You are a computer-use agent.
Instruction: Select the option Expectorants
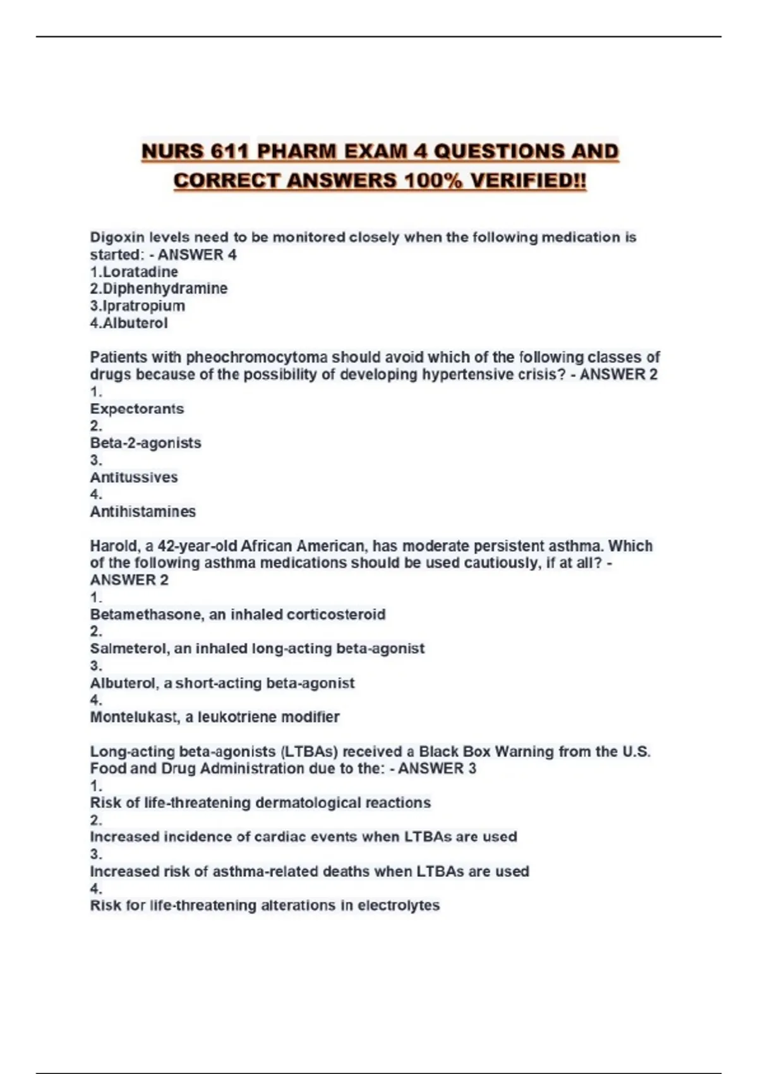point(137,409)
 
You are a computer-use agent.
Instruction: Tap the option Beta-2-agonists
point(145,443)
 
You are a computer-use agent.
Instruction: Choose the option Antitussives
point(134,477)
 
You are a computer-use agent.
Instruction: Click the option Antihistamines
point(143,511)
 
